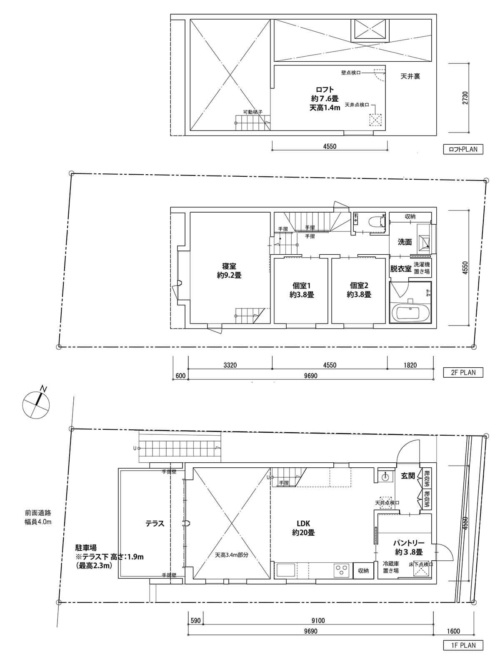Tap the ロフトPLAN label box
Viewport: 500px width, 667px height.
(x=463, y=149)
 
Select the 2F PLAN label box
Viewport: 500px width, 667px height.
(x=463, y=372)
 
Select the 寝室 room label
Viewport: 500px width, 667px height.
(x=229, y=271)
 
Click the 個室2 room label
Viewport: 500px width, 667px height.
(x=359, y=290)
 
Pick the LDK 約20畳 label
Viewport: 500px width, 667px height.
(x=303, y=528)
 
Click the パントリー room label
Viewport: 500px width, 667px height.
(x=409, y=547)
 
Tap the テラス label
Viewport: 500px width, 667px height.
(x=155, y=524)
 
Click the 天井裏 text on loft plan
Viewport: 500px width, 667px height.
(x=410, y=77)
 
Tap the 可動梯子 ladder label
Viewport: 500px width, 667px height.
(x=252, y=112)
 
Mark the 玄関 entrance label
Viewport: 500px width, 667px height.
(x=408, y=476)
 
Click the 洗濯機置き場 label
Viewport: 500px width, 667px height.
(x=422, y=268)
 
